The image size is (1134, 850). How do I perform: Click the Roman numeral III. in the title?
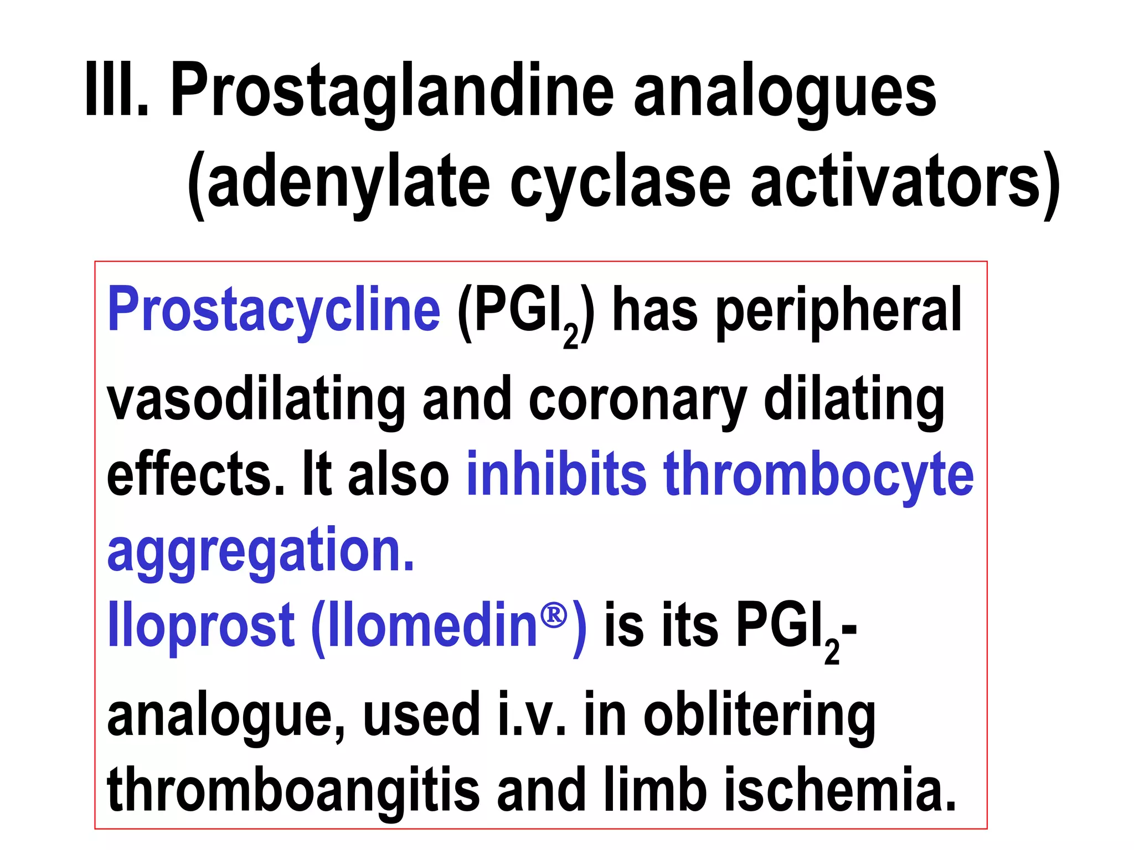point(117,90)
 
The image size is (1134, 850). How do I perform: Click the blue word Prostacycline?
point(274,310)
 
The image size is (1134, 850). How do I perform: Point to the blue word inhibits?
point(556,474)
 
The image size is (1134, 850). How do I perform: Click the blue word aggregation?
point(260,551)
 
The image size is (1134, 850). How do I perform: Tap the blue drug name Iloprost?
point(200,625)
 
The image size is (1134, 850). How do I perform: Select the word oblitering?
point(759,715)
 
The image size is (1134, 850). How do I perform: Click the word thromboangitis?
point(293,790)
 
